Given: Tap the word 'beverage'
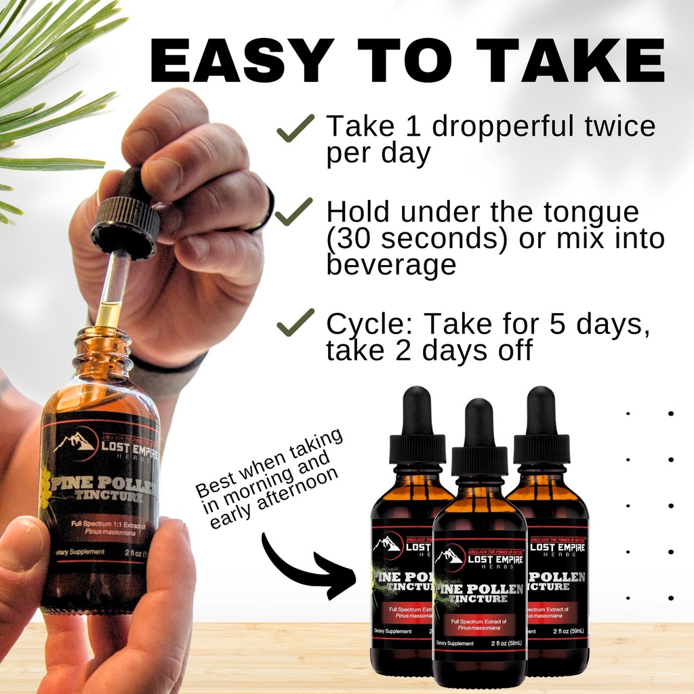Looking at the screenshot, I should click(x=391, y=265).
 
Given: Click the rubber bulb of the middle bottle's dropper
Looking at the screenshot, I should click(x=480, y=423).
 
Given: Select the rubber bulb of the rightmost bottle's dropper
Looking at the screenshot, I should click(x=542, y=411).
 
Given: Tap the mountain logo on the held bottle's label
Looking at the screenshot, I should click(x=75, y=442).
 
